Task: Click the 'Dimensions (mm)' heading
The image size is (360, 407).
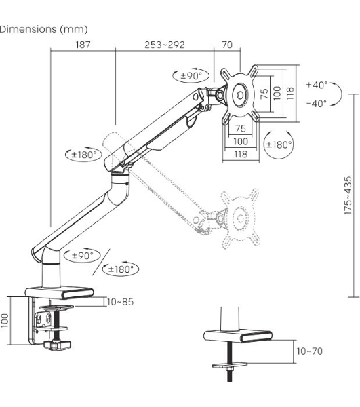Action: pos(43,29)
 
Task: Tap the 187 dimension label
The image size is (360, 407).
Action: pos(83,45)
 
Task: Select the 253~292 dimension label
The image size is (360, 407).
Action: pos(165,45)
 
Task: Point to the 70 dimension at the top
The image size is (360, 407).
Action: pos(227,45)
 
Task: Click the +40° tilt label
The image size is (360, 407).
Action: pos(317,85)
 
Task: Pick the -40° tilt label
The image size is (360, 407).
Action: pos(316,104)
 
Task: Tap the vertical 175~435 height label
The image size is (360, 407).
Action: pos(348,195)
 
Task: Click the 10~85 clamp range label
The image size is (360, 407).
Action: pos(121,302)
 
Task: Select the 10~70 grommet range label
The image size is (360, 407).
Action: pos(309,351)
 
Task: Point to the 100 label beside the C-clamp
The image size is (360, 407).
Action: pos(5,321)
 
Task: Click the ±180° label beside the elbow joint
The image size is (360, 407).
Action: pos(83,155)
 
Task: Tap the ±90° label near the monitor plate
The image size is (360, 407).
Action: pos(191,76)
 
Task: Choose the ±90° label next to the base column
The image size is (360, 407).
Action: pos(82,256)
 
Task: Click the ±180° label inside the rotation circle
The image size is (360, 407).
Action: pos(279,144)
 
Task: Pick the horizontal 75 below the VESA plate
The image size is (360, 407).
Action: pos(241,128)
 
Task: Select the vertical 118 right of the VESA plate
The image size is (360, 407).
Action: pos(290,93)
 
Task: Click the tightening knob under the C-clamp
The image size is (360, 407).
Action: pos(57,345)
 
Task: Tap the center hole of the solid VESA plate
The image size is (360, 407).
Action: pos(241,95)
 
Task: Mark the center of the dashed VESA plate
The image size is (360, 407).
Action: pos(239,218)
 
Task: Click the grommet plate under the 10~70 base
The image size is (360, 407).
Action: pos(230,366)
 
